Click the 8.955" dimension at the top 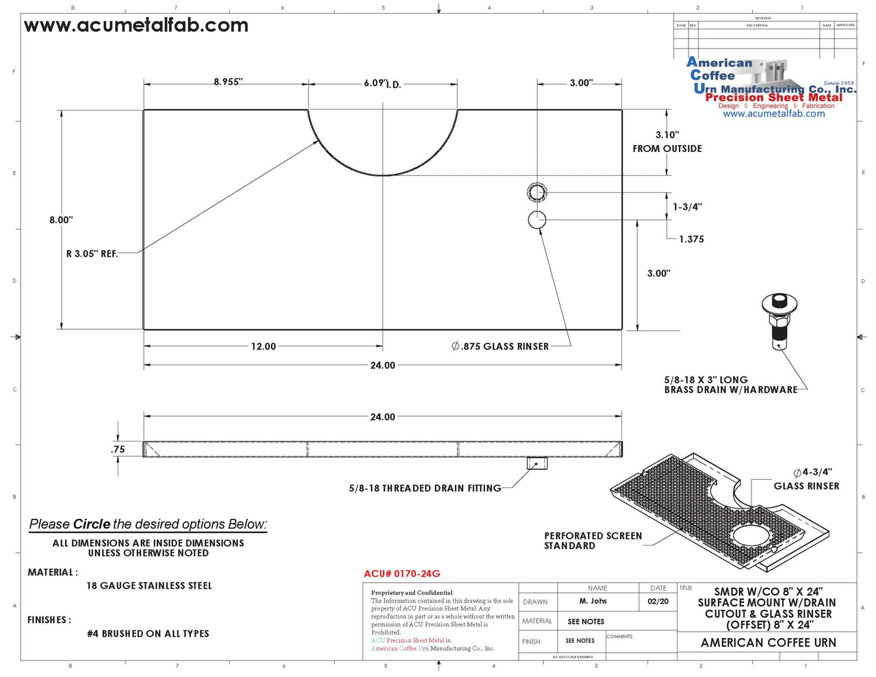228,82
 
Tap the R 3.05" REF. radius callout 92,254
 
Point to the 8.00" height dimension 61,220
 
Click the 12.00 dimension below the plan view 263,346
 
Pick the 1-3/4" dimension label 687,207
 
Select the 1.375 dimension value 691,239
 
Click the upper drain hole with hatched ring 537,192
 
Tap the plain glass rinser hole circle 537,220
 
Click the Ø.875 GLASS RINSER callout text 500,346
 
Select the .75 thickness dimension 118,449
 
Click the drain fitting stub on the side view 537,463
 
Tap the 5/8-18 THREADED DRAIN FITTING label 425,488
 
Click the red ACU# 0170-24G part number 402,574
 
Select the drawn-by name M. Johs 593,601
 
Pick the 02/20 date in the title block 658,601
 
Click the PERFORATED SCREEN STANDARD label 593,541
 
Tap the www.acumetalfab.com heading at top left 136,26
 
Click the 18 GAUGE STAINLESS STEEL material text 149,586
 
